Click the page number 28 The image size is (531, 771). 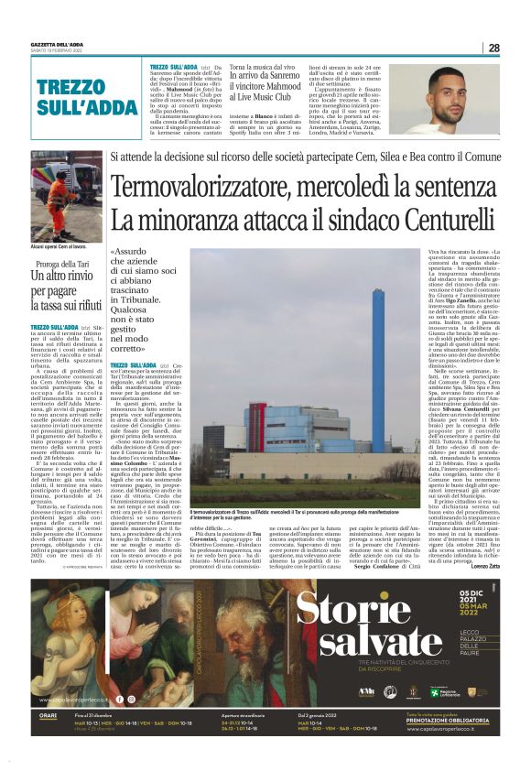pos(493,48)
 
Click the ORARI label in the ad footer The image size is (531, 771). pos(49,715)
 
